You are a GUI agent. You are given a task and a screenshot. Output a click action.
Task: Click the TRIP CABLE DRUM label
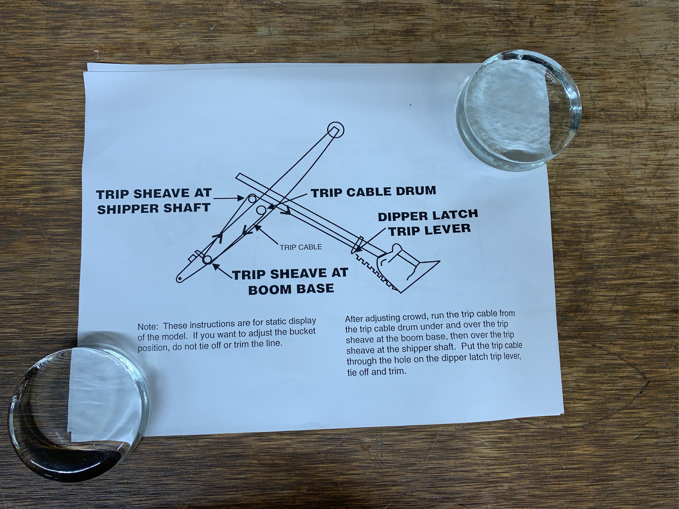[373, 192]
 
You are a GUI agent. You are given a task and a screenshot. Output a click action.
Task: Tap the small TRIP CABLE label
[301, 247]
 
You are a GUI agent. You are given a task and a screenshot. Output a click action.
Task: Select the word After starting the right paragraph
[355, 318]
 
